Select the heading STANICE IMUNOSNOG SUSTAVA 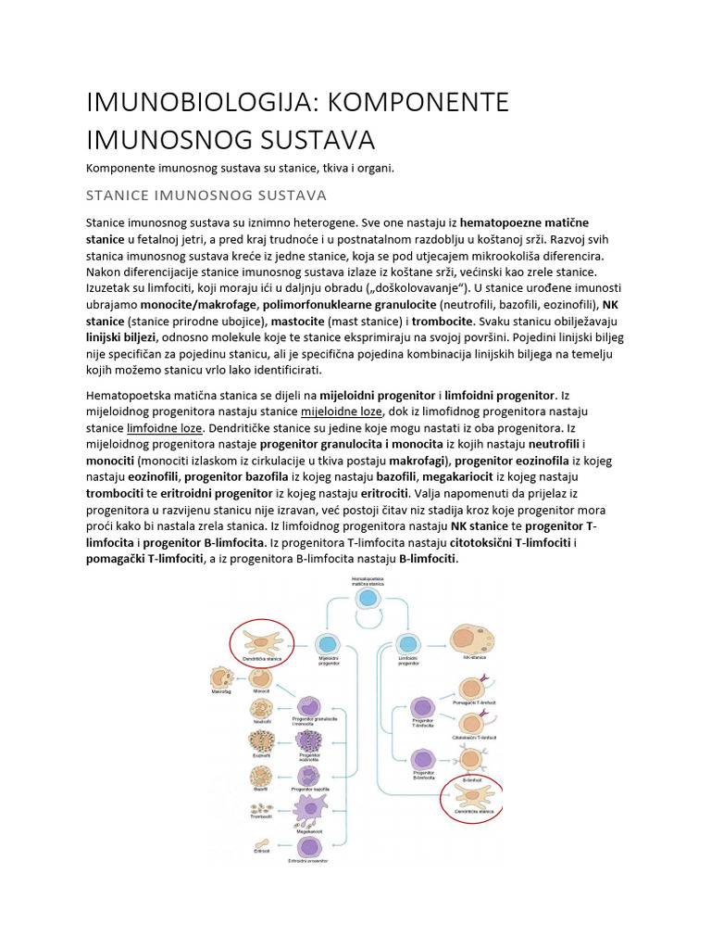pos(206,196)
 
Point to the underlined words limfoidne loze pos(165,429)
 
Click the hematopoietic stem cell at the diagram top pos(368,598)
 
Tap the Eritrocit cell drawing pos(262,844)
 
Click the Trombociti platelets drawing pos(262,808)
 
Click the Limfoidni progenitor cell pos(408,643)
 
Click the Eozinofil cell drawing pos(261,741)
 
